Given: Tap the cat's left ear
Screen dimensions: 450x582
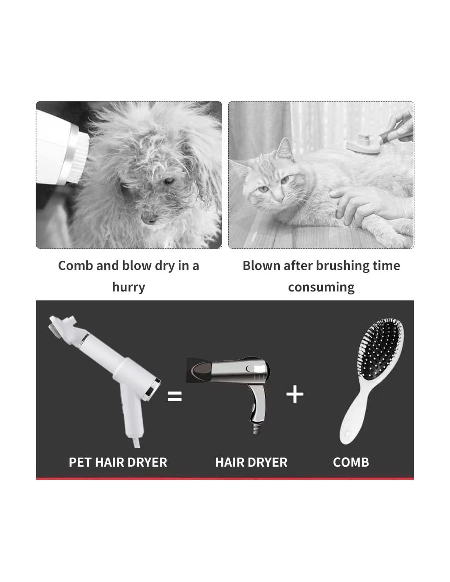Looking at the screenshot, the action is point(286,149).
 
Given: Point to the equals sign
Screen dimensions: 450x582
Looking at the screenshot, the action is point(174,396).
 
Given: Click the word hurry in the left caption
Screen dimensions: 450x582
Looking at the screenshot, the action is point(128,287).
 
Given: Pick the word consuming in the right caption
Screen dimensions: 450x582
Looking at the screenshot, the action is point(321,287).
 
